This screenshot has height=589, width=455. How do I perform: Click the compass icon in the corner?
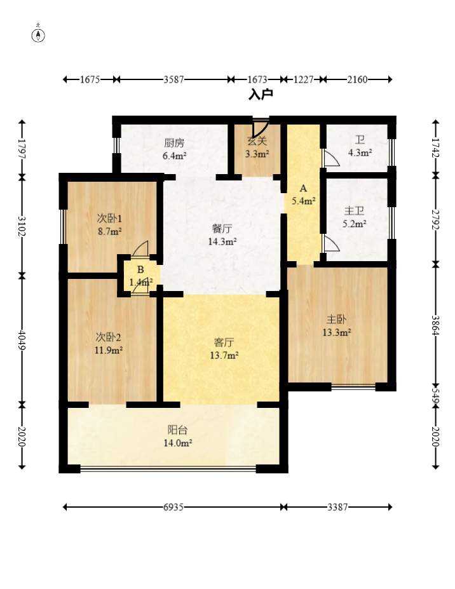[x=38, y=34]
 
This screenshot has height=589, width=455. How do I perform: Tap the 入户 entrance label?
[x=261, y=94]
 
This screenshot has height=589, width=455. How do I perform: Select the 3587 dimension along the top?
[x=173, y=79]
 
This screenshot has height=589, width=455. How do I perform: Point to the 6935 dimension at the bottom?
[x=173, y=507]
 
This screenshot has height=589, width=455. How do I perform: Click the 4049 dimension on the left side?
[x=22, y=340]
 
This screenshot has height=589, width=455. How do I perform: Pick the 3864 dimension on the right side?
[x=435, y=325]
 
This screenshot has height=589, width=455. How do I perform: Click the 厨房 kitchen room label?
[x=174, y=143]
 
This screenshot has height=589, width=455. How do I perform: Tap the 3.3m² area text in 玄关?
[x=257, y=154]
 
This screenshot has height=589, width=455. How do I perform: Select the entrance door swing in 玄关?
[x=261, y=129]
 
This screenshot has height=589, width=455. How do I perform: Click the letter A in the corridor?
[x=303, y=189]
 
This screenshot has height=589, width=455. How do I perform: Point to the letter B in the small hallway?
[x=140, y=269]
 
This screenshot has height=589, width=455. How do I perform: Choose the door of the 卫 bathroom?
[x=332, y=158]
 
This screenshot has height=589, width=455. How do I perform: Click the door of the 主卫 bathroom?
[x=332, y=244]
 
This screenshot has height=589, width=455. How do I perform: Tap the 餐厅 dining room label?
[x=222, y=228]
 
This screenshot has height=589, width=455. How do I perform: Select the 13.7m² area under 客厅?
[x=224, y=355]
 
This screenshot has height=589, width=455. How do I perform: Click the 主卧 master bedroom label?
[x=336, y=320]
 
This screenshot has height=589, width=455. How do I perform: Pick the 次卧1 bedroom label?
[x=109, y=218]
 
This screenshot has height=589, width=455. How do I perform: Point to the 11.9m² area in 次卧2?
[x=109, y=350]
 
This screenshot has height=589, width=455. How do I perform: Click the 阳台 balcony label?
[x=177, y=430]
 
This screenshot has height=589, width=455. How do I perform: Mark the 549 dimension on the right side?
[x=435, y=395]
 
